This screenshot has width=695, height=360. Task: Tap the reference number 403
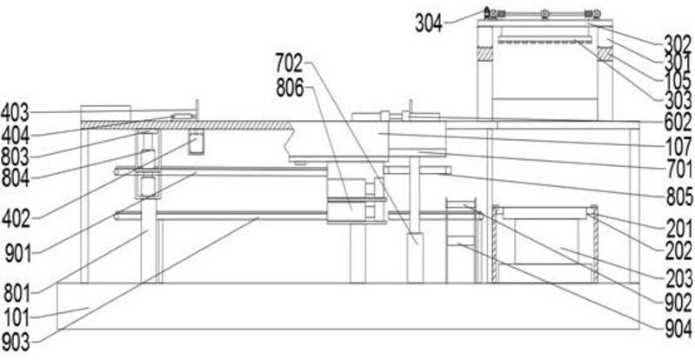click(15, 111)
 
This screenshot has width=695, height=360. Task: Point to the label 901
click(15, 255)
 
